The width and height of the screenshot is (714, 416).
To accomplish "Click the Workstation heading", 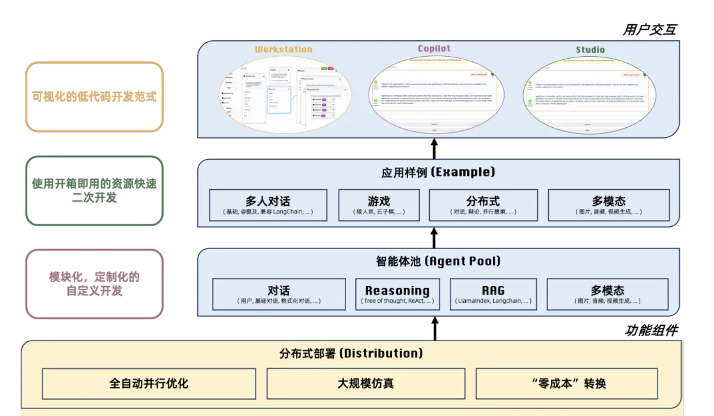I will (283, 49).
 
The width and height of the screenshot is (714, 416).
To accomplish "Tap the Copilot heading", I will (434, 48).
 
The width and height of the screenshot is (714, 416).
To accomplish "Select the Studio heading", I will (590, 50).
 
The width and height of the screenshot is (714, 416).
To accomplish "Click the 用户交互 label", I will (649, 30).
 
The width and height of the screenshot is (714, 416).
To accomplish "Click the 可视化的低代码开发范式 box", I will (94, 97).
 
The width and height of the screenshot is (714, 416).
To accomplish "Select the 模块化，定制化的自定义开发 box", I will (94, 284).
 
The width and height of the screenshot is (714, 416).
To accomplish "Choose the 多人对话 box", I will (268, 205).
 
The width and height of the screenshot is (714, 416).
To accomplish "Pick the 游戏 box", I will (379, 205).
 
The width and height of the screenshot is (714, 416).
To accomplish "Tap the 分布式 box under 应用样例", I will (483, 205).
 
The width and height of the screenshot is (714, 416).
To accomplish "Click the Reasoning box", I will (397, 294).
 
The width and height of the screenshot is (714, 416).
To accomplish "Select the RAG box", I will (493, 294).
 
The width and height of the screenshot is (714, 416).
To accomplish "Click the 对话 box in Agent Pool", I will (279, 294).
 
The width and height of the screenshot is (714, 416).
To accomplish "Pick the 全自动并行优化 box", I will (149, 384).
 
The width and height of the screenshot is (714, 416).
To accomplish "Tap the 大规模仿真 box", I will (366, 384).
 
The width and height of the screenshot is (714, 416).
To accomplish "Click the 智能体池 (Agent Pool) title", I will (438, 261).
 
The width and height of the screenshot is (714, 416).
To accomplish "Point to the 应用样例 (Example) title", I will (438, 172).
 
